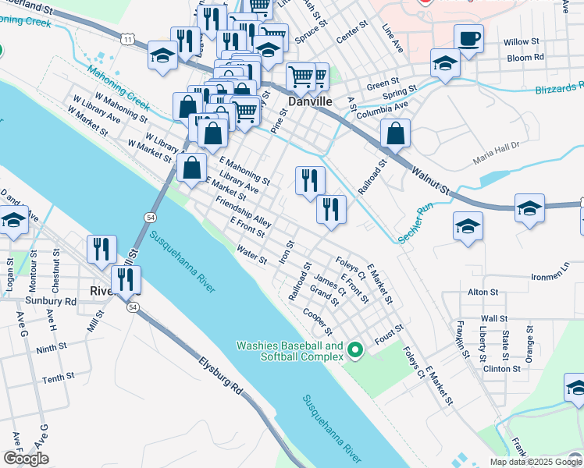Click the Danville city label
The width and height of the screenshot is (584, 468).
311,102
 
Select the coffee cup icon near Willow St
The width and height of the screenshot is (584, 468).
468,39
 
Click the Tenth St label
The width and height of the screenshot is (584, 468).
57,379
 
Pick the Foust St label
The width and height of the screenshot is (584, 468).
388,335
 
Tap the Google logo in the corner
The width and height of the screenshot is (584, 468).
26,459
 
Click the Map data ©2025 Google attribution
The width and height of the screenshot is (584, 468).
535,462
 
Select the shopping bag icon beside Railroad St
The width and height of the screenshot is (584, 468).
396,134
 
